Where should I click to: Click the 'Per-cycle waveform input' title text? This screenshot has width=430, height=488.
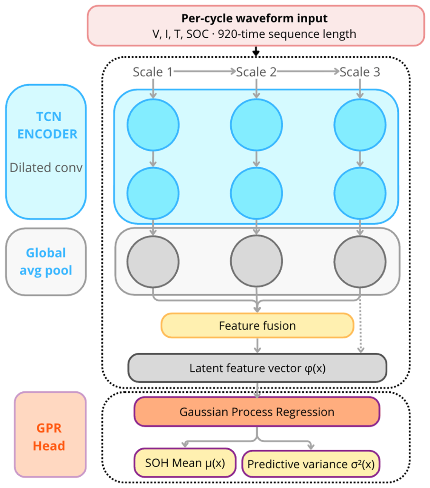click(254, 18)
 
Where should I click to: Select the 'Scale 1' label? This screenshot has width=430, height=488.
click(153, 72)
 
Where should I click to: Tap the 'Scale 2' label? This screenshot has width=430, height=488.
click(256, 72)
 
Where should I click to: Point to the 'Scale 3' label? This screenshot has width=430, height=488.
click(360, 72)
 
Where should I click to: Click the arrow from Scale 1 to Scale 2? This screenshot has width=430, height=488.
click(205, 71)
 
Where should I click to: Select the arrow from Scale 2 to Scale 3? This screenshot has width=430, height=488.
click(308, 71)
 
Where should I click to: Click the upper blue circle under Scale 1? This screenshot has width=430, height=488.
click(153, 125)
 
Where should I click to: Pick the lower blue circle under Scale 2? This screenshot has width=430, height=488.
click(256, 193)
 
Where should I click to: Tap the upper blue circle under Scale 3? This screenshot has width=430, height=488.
click(360, 125)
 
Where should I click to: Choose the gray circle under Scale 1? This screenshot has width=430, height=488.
click(153, 262)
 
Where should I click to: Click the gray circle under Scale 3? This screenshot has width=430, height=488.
click(360, 262)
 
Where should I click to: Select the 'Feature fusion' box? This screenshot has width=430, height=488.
click(257, 326)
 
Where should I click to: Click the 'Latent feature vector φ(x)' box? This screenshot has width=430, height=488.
click(257, 368)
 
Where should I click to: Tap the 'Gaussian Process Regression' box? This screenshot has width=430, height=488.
click(257, 412)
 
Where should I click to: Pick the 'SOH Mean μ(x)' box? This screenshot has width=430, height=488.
click(185, 463)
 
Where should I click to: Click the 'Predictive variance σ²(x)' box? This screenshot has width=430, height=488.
click(311, 464)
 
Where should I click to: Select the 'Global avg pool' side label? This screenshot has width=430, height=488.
click(46, 262)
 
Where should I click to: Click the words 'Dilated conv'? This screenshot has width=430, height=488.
click(46, 168)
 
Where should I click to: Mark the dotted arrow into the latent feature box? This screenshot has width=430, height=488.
click(361, 325)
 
